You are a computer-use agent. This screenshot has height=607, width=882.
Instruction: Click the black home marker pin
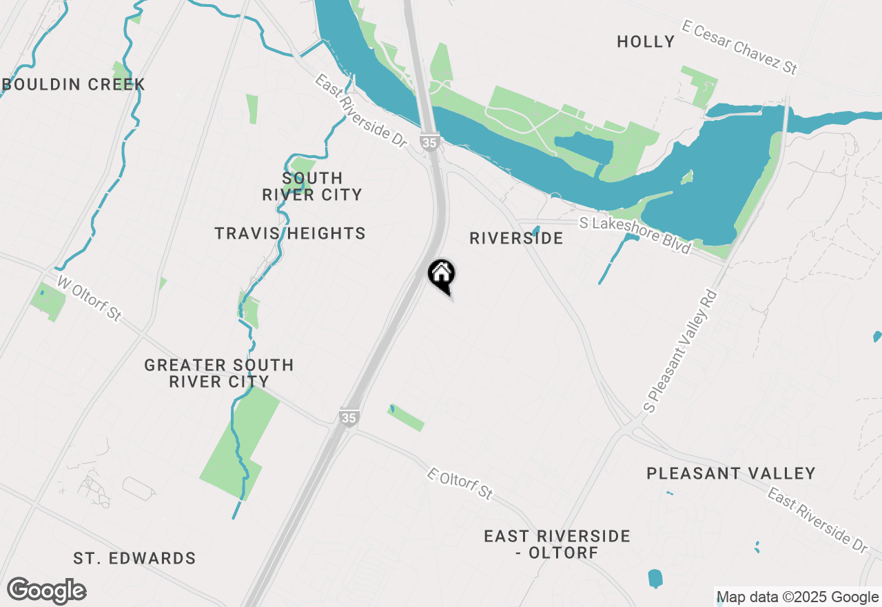(442, 275)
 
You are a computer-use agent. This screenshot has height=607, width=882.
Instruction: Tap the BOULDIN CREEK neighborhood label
(74, 85)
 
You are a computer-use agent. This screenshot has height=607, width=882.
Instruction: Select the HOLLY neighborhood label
(646, 42)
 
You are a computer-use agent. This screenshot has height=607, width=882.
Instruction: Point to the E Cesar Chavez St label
(739, 48)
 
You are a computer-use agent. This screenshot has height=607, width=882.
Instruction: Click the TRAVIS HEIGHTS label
(290, 234)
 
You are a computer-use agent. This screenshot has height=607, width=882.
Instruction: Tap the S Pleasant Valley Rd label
(681, 350)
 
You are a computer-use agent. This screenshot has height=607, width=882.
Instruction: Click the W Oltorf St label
(90, 299)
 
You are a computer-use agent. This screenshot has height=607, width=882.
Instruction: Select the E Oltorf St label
(460, 484)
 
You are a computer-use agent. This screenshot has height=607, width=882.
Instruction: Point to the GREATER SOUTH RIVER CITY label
(219, 373)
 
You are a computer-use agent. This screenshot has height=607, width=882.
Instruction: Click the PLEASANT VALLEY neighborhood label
(731, 474)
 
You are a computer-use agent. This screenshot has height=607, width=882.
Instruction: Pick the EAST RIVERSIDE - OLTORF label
(557, 544)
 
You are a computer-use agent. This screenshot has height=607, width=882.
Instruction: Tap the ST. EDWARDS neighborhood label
(135, 559)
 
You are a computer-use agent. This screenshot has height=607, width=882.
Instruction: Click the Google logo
(47, 591)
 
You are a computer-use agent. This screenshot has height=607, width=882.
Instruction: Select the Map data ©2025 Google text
(797, 597)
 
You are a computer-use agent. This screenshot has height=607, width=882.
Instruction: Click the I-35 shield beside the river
(429, 142)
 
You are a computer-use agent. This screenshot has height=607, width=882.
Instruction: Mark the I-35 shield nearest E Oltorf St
(349, 417)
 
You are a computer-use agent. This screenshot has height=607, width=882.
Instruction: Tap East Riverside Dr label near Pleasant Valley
(817, 520)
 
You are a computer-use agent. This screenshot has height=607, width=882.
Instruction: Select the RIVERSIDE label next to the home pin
(516, 239)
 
